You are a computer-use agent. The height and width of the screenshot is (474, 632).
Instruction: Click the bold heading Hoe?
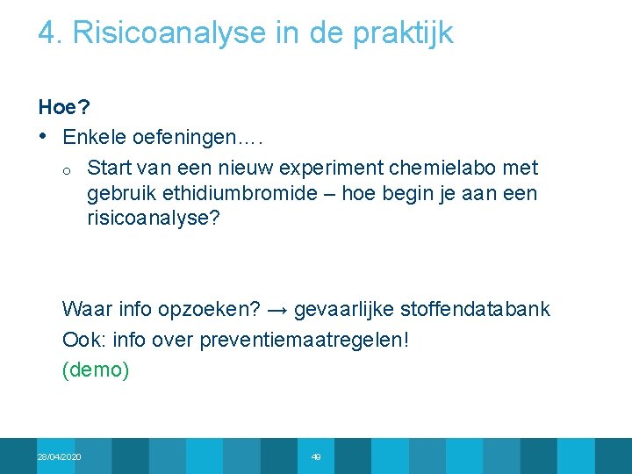[x=64, y=108]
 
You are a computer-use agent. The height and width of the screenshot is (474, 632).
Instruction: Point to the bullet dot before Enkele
[x=43, y=136]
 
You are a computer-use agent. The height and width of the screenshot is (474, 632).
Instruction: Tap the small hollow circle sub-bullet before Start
[x=68, y=169]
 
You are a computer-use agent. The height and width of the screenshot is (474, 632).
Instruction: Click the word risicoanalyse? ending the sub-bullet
[x=154, y=219]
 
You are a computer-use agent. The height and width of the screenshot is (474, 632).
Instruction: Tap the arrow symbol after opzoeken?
[x=277, y=310]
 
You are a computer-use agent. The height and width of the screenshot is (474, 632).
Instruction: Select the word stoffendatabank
[x=475, y=309]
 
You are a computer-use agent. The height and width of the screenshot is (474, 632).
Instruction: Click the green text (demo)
[x=96, y=370]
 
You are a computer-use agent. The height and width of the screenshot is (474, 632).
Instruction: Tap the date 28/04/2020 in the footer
[x=60, y=457]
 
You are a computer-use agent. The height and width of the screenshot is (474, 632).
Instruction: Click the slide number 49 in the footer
[x=316, y=457]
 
